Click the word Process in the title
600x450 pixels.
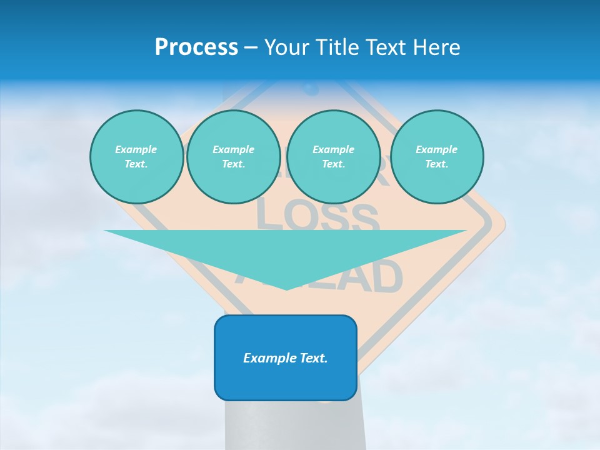pos(196,47)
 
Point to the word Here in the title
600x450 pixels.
pos(437,47)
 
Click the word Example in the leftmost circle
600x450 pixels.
pos(136,149)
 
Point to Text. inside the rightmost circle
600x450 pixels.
pos(437,164)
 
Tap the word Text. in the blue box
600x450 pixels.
pos(312,358)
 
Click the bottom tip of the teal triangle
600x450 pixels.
pos(286,288)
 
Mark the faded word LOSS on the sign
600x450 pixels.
pos(317,216)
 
